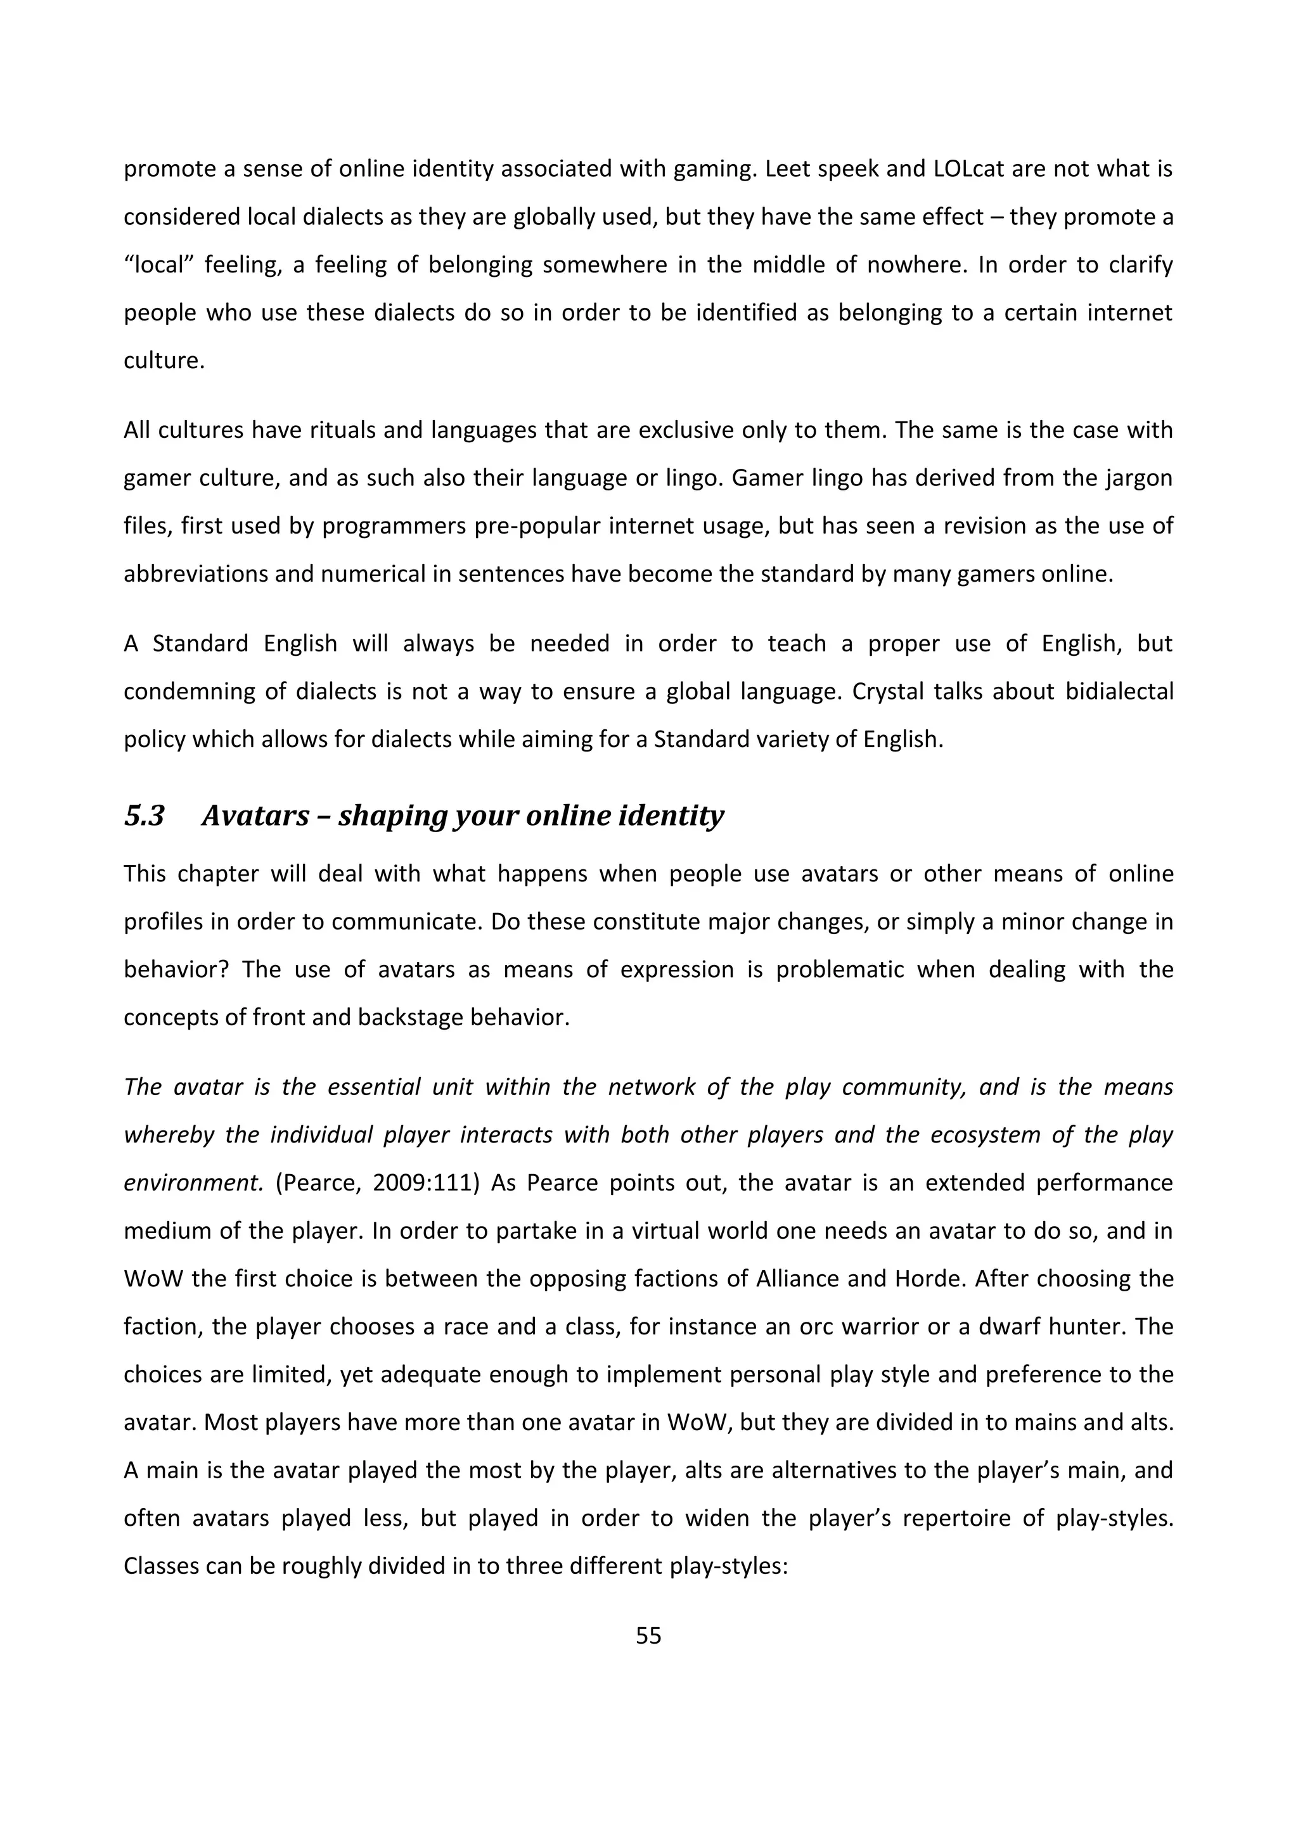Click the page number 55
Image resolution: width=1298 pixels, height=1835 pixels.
pyautogui.click(x=648, y=1636)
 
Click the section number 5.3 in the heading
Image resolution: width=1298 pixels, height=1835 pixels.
pyautogui.click(x=145, y=816)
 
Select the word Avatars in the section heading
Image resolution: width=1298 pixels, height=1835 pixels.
pyautogui.click(x=255, y=816)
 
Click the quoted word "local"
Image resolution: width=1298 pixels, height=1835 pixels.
pyautogui.click(x=156, y=264)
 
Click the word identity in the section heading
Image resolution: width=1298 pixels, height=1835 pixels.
pyautogui.click(x=676, y=816)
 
